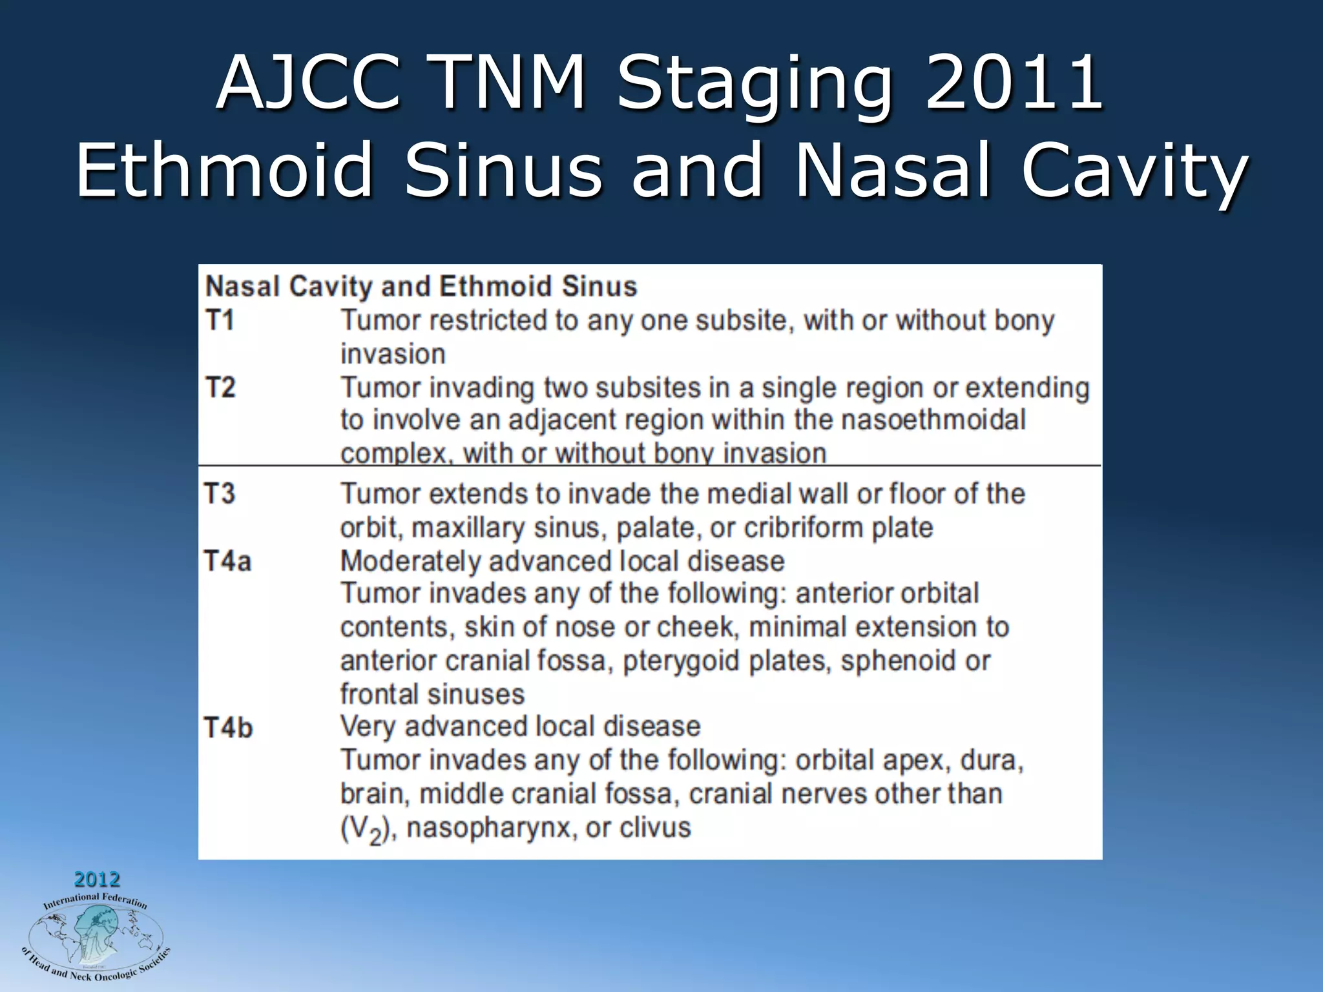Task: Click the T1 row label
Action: pyautogui.click(x=219, y=320)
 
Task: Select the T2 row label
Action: pyautogui.click(x=220, y=387)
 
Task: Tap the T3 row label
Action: pyautogui.click(x=220, y=493)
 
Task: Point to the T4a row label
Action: pyautogui.click(x=227, y=561)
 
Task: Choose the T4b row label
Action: pyautogui.click(x=228, y=728)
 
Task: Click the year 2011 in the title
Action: pyautogui.click(x=1014, y=83)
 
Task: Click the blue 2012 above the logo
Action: pyautogui.click(x=97, y=879)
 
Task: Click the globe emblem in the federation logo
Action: pyautogui.click(x=95, y=936)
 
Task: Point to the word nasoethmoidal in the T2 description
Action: pyautogui.click(x=933, y=420)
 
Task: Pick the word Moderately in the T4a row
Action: pyautogui.click(x=411, y=561)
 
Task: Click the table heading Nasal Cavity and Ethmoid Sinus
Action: pyautogui.click(x=421, y=286)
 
